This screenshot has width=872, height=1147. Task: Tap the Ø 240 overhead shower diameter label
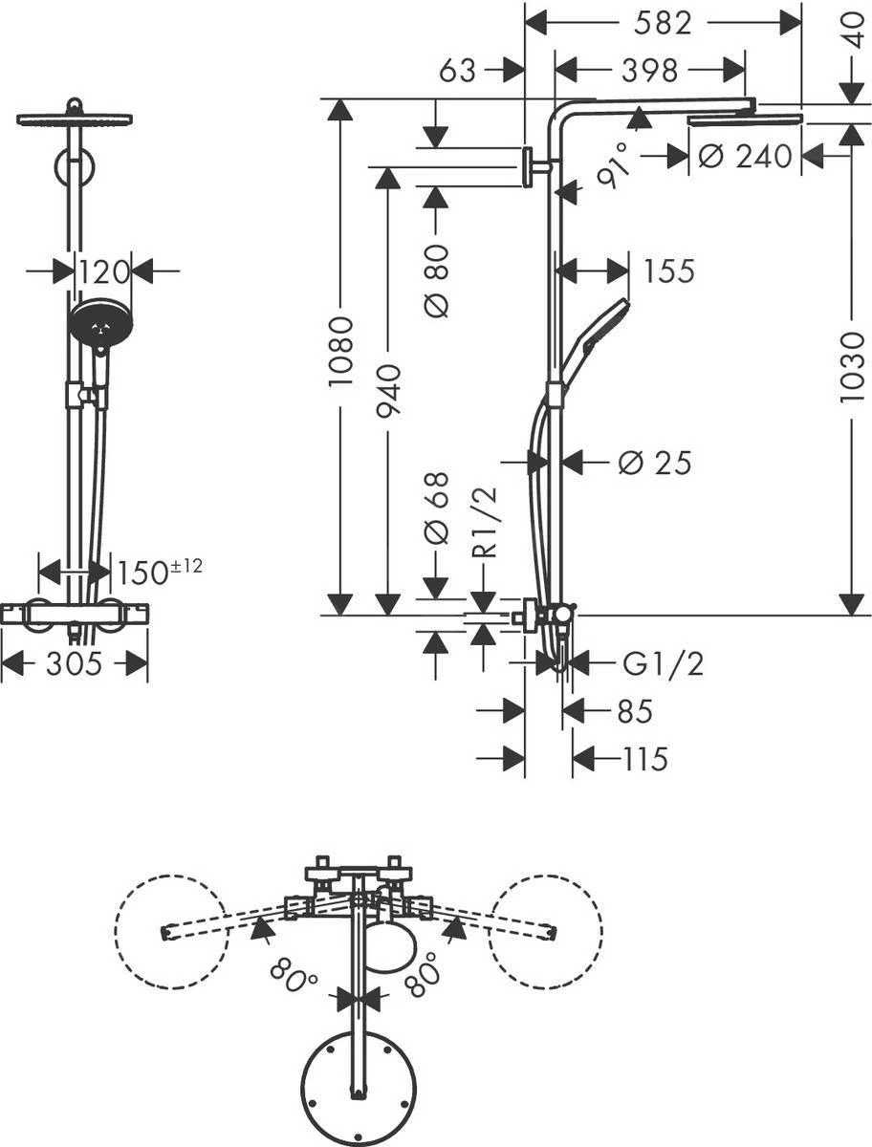[745, 155]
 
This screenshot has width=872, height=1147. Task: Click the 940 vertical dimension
[387, 392]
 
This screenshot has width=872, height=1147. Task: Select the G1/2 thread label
[662, 662]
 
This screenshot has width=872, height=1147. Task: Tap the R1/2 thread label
[487, 522]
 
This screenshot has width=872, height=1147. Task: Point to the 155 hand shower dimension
[667, 271]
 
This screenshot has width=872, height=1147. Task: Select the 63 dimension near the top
[458, 70]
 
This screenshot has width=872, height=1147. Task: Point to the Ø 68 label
[435, 521]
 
